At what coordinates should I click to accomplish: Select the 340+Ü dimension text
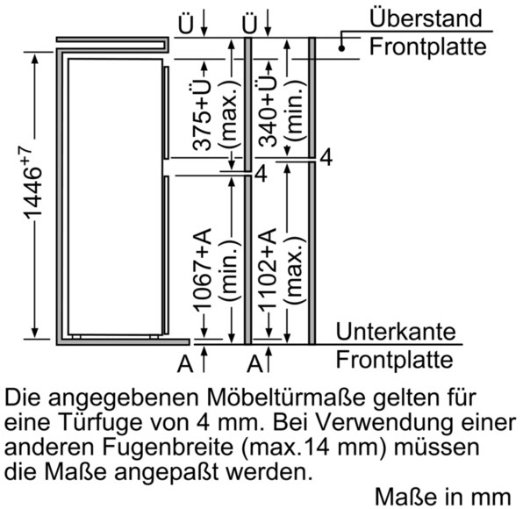coord(268,111)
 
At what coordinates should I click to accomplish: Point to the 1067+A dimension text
coord(203,270)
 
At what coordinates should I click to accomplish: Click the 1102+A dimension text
coord(268,270)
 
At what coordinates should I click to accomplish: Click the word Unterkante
coord(396,331)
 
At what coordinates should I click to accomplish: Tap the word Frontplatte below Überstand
coord(427,47)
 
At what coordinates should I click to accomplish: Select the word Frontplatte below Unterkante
coord(394,359)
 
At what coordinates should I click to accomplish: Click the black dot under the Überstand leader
coord(341,48)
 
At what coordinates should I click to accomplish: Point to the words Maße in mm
coord(443,497)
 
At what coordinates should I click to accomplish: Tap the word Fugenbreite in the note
coord(168,447)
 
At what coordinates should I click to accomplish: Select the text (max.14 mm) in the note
coord(314,448)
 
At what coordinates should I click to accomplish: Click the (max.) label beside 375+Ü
coord(230,114)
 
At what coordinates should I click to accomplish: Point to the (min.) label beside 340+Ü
coord(295,111)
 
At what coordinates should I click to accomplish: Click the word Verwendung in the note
coord(381,422)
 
